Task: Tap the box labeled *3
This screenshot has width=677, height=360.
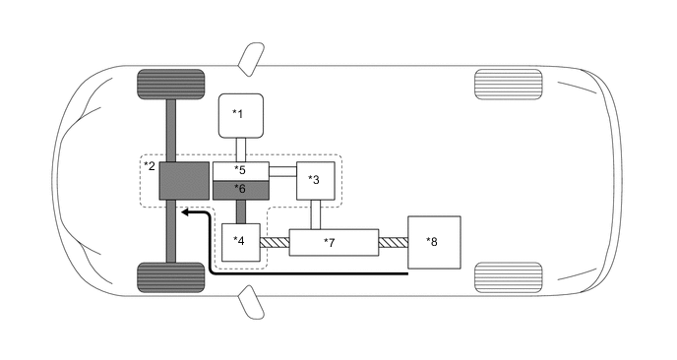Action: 316,180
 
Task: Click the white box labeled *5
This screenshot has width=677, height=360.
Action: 241,171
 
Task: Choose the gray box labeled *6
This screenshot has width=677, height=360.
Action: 241,188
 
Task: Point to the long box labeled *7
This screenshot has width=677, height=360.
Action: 334,242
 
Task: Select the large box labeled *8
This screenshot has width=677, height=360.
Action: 432,242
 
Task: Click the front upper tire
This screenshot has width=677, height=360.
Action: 170,86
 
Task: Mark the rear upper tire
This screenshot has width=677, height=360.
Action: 508,84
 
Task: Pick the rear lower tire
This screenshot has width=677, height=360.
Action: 508,277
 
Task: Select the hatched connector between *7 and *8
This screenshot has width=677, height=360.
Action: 393,242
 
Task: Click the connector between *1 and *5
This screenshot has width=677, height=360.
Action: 240,150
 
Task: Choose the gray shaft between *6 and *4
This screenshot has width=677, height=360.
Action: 241,211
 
